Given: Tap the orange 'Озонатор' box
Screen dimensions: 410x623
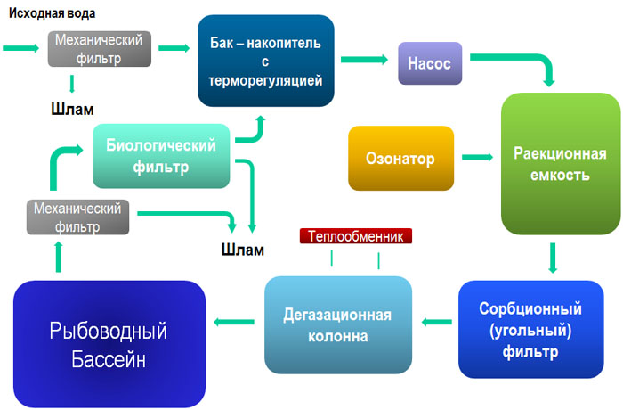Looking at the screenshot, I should [x=400, y=159].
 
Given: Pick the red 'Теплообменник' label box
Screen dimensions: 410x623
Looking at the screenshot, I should [x=356, y=237].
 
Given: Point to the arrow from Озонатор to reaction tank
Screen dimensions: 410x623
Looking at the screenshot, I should [x=477, y=158].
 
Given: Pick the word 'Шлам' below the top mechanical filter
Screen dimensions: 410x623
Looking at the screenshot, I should [x=71, y=110].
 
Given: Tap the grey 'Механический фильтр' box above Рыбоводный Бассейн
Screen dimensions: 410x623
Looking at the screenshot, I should [x=77, y=217].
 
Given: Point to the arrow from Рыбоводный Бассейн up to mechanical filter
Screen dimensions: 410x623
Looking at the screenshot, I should [x=60, y=258].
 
